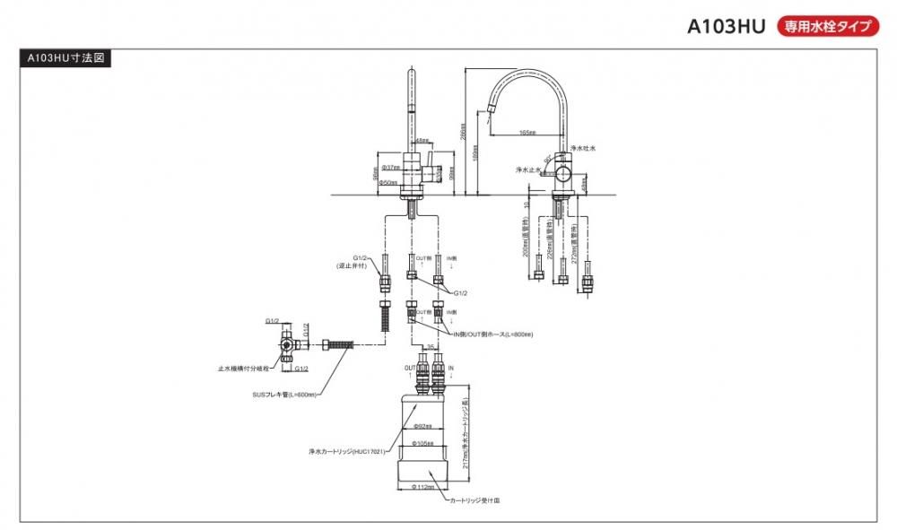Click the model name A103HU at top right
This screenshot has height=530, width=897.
pyautogui.click(x=726, y=26)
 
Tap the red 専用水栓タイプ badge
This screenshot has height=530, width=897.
pyautogui.click(x=827, y=26)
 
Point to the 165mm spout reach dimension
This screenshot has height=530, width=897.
pyautogui.click(x=527, y=132)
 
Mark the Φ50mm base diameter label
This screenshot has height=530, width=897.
pyautogui.click(x=388, y=182)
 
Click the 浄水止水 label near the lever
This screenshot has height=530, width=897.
pyautogui.click(x=529, y=169)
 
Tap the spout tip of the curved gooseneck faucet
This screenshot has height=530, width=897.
pyautogui.click(x=489, y=110)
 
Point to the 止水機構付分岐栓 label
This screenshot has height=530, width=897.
pyautogui.click(x=243, y=368)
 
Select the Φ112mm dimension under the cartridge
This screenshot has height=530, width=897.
pyautogui.click(x=422, y=487)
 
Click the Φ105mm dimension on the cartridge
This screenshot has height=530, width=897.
pyautogui.click(x=422, y=443)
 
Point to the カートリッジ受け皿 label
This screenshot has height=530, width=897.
pyautogui.click(x=475, y=503)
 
